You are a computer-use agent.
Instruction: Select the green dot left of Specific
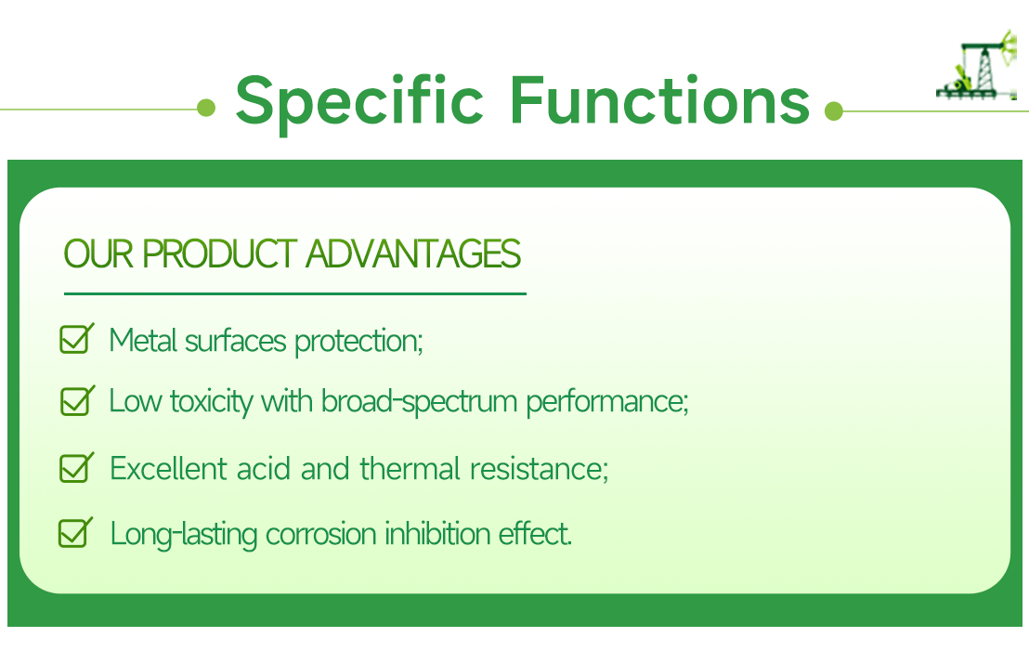pyautogui.click(x=206, y=109)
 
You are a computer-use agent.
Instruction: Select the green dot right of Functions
pyautogui.click(x=833, y=110)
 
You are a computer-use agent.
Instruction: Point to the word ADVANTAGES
pyautogui.click(x=413, y=253)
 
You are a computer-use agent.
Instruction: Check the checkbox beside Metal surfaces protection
pyautogui.click(x=74, y=339)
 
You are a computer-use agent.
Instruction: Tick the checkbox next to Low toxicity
pyautogui.click(x=75, y=401)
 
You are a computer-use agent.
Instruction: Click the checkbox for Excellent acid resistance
pyautogui.click(x=74, y=467)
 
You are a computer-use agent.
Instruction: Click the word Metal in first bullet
pyautogui.click(x=144, y=340)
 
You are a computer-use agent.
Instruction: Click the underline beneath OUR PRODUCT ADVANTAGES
pyautogui.click(x=294, y=293)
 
